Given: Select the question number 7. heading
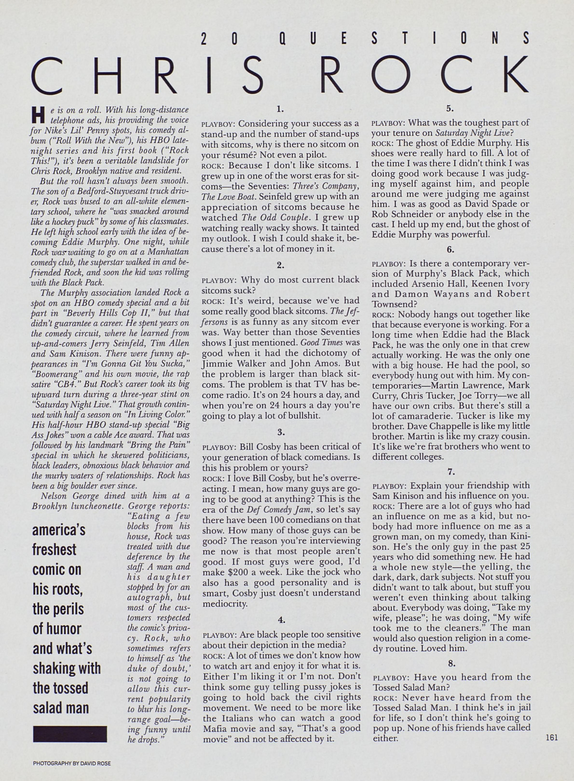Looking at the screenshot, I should (451, 472).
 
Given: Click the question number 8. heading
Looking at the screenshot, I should (451, 664).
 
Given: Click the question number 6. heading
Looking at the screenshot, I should (451, 249).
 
